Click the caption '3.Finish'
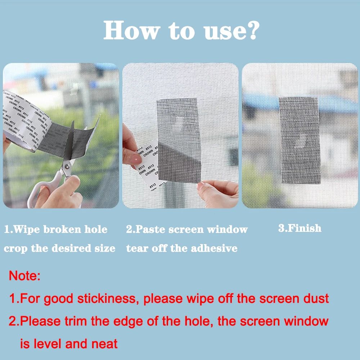(300, 228)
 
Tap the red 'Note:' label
(24, 276)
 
